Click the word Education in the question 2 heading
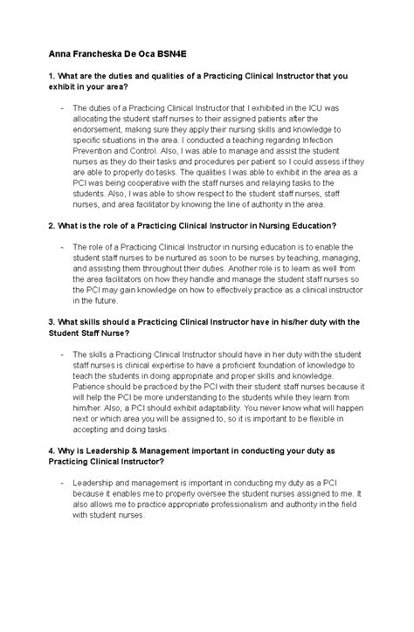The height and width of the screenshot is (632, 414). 307,225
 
